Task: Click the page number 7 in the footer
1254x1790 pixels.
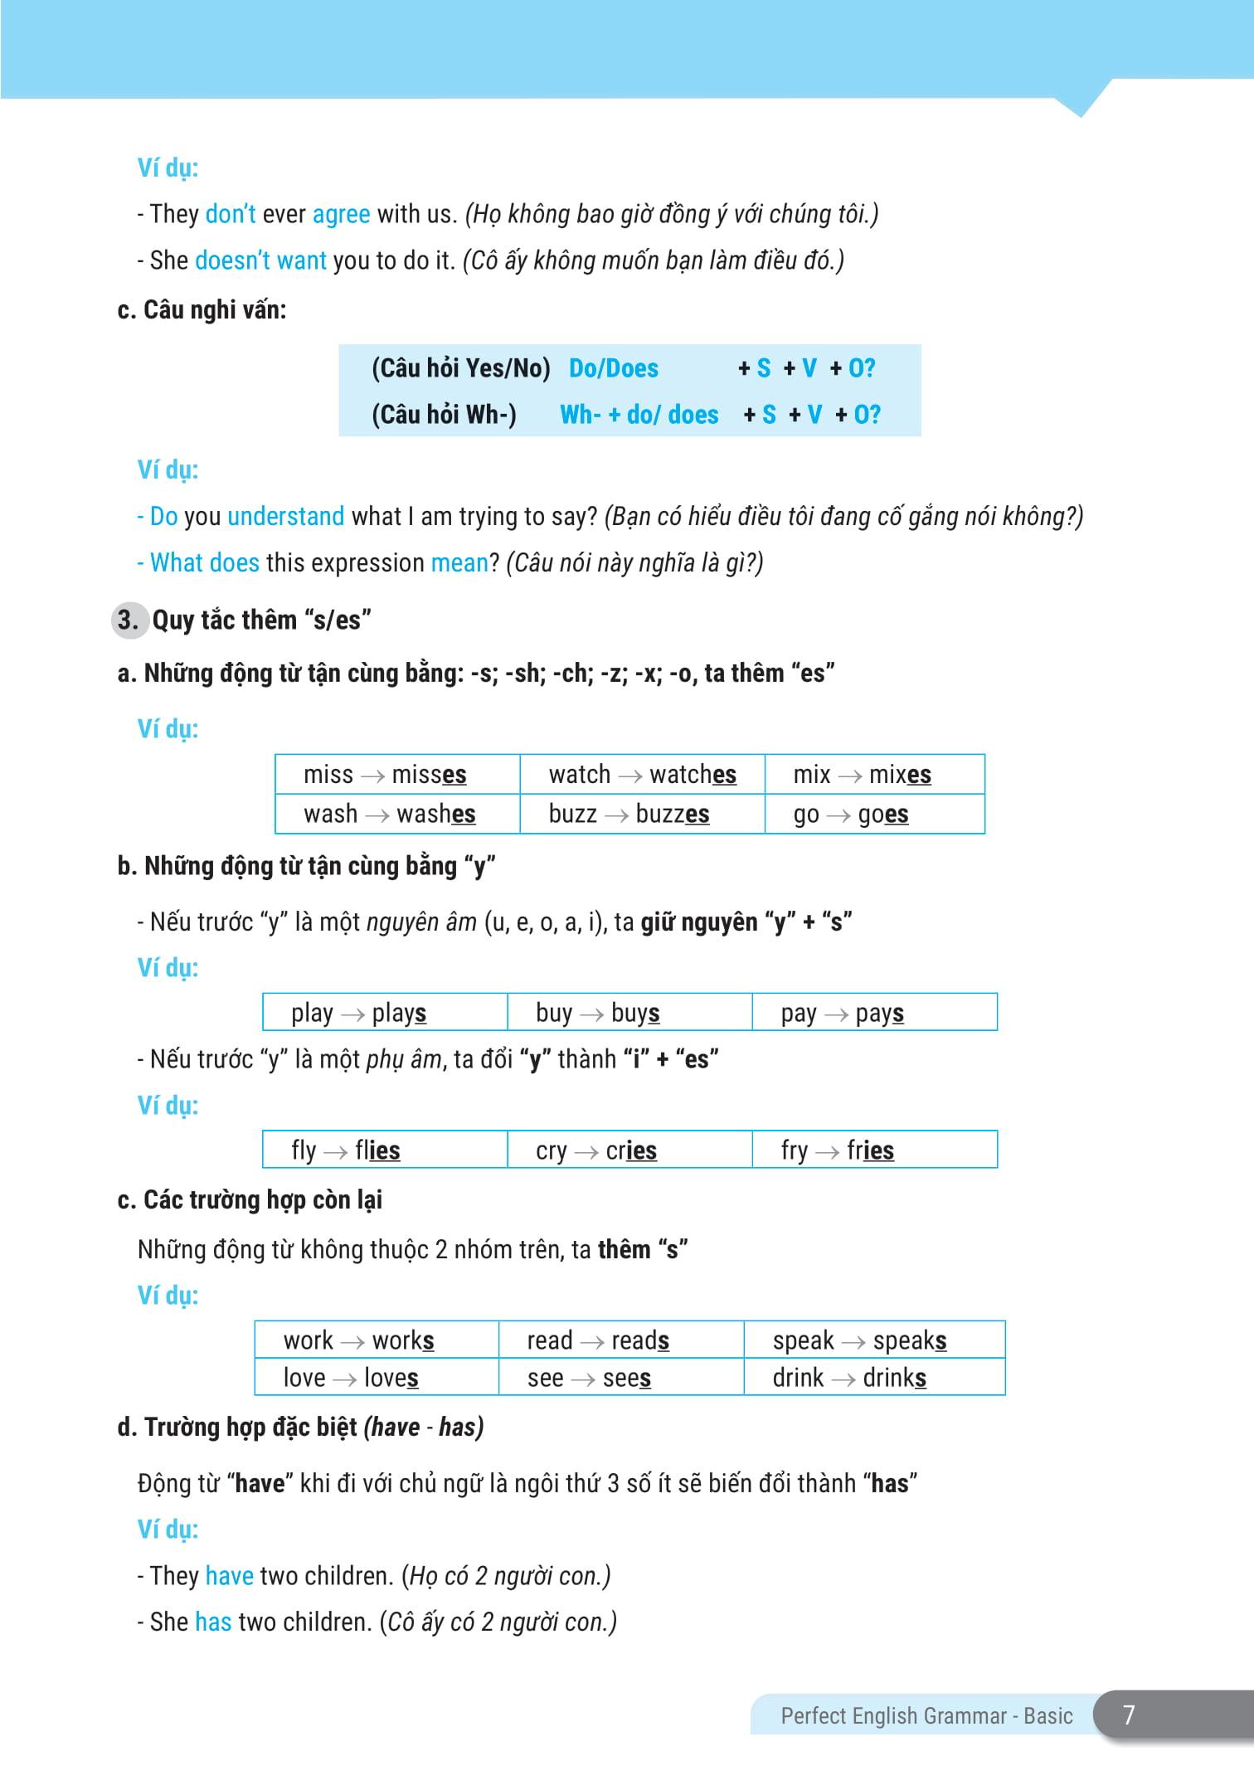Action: pos(1128,1715)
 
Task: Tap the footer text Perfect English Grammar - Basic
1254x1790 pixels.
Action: pos(926,1715)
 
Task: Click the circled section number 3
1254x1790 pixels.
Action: pos(128,620)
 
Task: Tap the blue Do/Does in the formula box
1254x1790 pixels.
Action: pos(613,368)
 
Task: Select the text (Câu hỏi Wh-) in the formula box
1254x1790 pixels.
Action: pos(444,415)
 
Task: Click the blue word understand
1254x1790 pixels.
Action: pos(285,517)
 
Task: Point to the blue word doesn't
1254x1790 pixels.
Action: pos(225,260)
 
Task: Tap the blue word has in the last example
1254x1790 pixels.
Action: pos(213,1622)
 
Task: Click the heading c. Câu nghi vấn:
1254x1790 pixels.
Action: pos(202,310)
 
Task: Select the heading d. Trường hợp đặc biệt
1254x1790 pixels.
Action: pos(300,1427)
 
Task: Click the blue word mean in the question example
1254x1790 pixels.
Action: pos(459,563)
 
